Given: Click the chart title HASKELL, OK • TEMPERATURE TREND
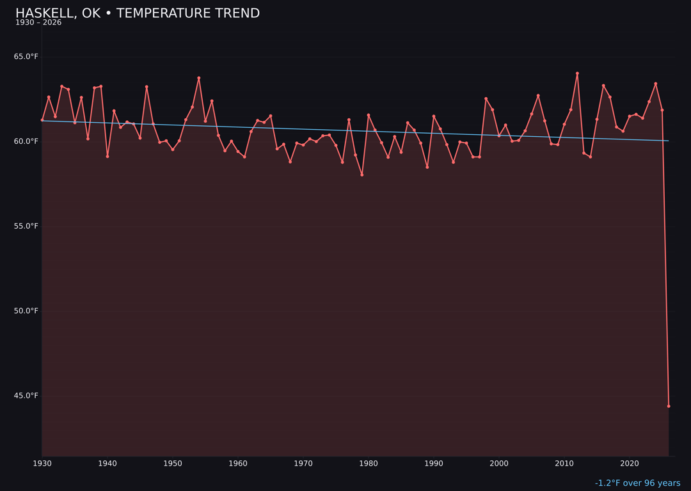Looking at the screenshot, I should pos(138,13).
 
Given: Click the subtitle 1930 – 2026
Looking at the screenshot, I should pos(38,23).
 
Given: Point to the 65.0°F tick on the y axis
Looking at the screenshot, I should pos(26,57).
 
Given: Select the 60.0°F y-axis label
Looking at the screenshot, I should pos(26,141).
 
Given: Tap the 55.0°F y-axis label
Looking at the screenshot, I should pos(26,226).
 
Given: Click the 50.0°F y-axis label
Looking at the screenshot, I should pos(26,311).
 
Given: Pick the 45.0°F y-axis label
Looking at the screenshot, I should pos(26,396).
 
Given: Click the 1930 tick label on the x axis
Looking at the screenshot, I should pos(42,464).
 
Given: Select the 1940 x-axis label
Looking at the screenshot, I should pos(107,464).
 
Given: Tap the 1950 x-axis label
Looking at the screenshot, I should pos(173,464).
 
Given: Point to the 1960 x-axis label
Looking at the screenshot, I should pos(238,464).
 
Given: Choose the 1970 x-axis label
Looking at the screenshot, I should pos(303,464).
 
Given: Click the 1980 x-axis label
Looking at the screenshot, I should pos(369,464).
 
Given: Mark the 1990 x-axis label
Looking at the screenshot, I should pos(434,464).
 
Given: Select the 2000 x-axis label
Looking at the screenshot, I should pos(499,464).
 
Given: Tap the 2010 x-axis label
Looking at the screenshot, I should pos(564,464).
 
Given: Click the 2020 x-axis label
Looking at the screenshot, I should pos(630,464).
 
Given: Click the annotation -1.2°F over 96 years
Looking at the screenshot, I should pos(637,483).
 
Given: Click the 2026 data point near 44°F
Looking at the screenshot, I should pos(669,406).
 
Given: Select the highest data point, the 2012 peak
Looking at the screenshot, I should pos(577,74).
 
